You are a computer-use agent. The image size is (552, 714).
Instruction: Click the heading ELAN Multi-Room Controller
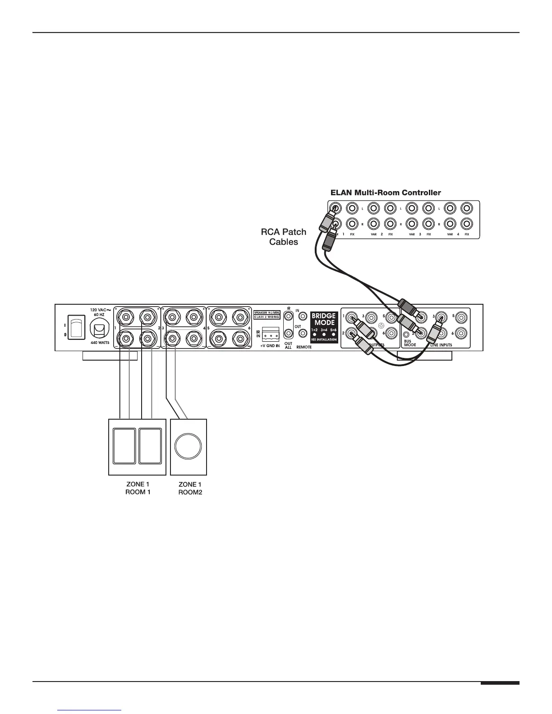coord(386,193)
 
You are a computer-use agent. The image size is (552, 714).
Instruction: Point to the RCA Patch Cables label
coord(284,237)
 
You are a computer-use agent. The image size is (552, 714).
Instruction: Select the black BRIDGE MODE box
coord(324,326)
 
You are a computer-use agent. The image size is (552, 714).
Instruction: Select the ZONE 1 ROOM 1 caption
coord(138,488)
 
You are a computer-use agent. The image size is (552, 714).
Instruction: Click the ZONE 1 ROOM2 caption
coord(190,489)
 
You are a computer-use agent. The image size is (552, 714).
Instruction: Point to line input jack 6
coord(460,334)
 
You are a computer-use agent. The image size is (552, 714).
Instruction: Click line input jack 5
coord(460,317)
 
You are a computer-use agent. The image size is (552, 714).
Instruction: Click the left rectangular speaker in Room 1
coord(124,446)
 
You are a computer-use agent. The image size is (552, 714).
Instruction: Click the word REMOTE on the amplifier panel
coord(304,348)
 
